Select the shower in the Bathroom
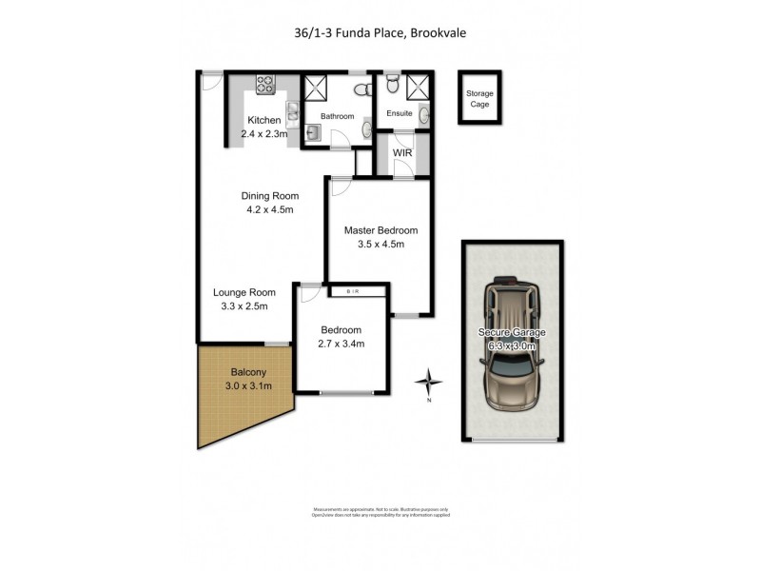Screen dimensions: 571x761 coord(315,89)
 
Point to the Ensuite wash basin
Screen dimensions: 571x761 coord(423,115)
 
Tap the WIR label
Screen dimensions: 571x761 coord(401,151)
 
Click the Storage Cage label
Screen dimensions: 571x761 coord(479,98)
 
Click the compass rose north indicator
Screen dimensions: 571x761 coord(430,383)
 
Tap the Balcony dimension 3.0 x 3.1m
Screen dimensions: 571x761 coord(248,385)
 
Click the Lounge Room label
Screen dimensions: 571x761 coord(244,292)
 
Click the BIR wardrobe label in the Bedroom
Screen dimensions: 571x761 coord(354,290)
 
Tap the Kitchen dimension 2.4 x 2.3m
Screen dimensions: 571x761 coord(264,134)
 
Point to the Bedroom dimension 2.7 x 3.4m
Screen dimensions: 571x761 coord(341,344)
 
